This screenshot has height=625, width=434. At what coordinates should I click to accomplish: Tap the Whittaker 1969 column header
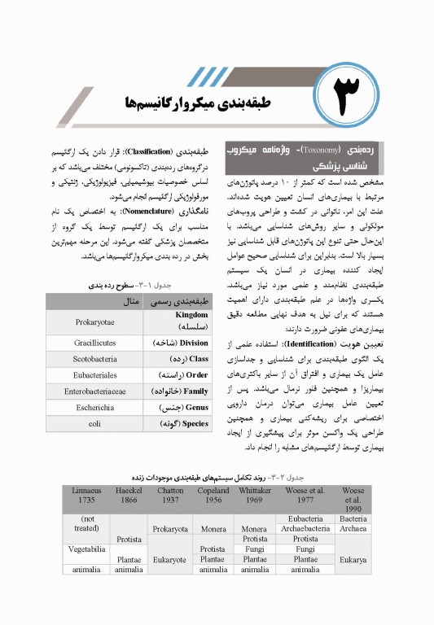tap(255, 496)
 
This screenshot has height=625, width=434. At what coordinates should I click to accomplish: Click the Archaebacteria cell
tap(305, 528)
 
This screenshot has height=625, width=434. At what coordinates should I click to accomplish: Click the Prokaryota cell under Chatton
tap(170, 528)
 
